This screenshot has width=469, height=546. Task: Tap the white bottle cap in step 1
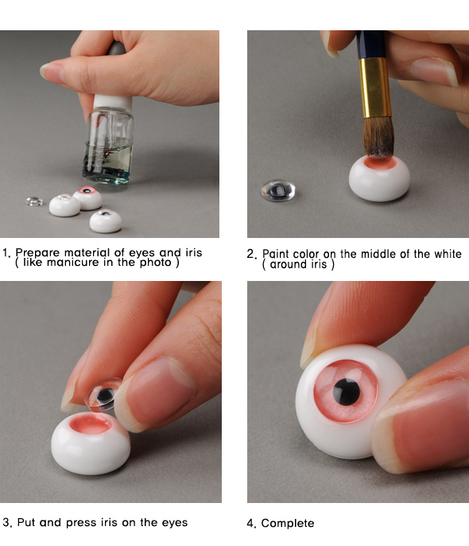pyautogui.click(x=112, y=103)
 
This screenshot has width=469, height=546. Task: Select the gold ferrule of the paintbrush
pyautogui.click(x=374, y=88)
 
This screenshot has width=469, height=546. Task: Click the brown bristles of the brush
pyautogui.click(x=378, y=137)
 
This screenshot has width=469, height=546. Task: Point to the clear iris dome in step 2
pyautogui.click(x=278, y=190)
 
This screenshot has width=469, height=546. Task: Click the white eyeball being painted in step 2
pyautogui.click(x=379, y=178)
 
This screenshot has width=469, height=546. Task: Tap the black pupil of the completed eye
pyautogui.click(x=347, y=392)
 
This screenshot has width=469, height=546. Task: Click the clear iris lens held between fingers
pyautogui.click(x=103, y=394)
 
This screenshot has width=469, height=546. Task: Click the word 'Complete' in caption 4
pyautogui.click(x=288, y=523)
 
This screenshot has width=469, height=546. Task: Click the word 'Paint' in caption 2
pyautogui.click(x=273, y=253)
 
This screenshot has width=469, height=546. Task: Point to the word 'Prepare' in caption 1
pyautogui.click(x=37, y=252)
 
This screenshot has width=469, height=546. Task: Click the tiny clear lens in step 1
pyautogui.click(x=34, y=201)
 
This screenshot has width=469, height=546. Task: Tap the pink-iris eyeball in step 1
pyautogui.click(x=87, y=197)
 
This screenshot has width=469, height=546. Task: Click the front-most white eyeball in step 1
pyautogui.click(x=106, y=220)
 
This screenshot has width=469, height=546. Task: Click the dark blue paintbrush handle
pyautogui.click(x=371, y=45)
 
